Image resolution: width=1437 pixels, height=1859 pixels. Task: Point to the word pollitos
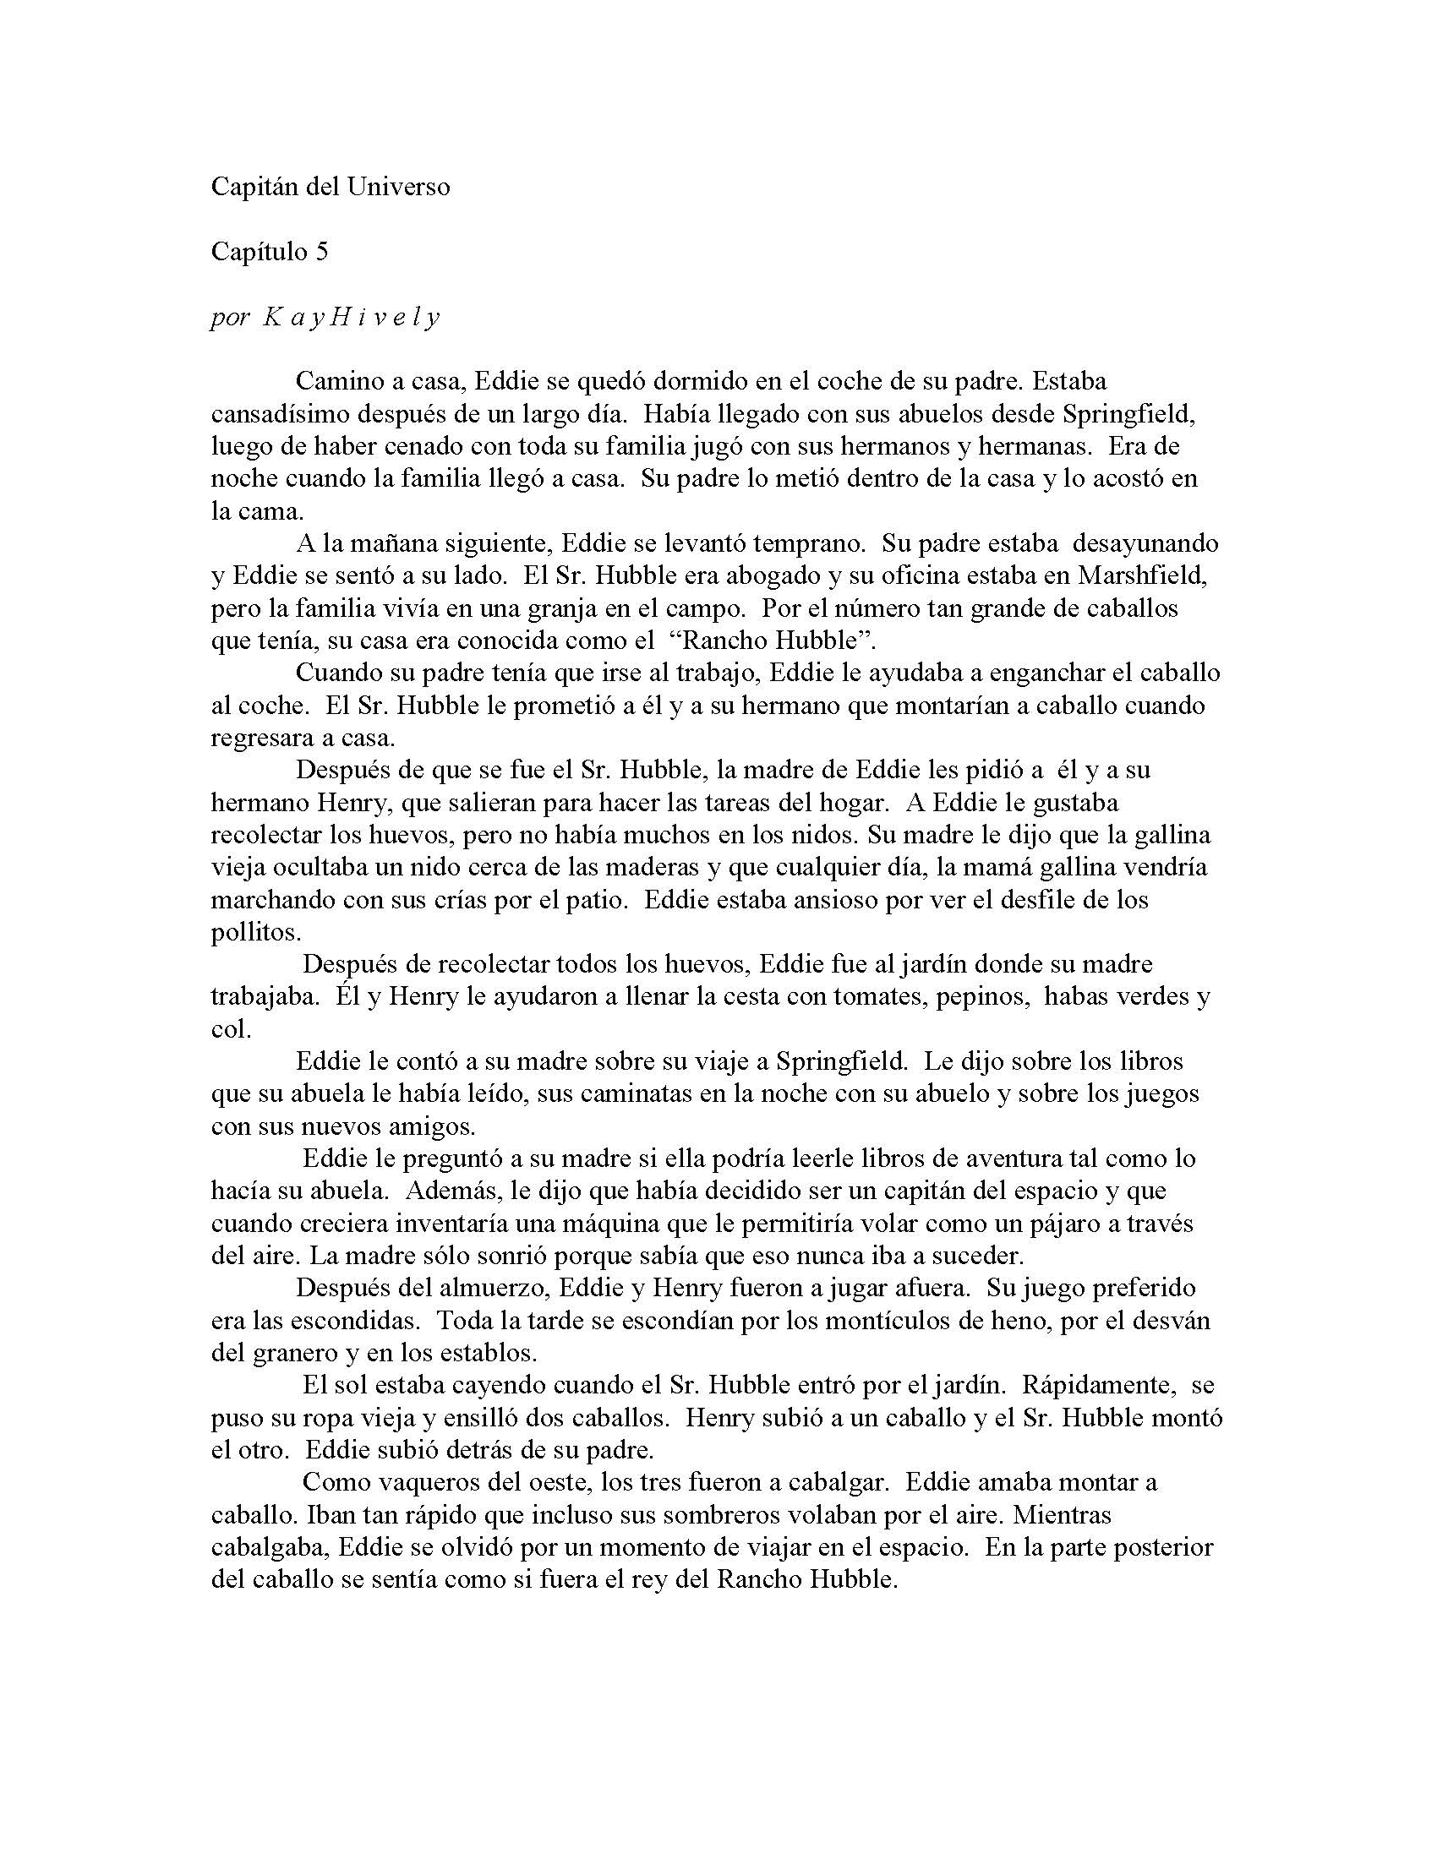(x=255, y=932)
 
